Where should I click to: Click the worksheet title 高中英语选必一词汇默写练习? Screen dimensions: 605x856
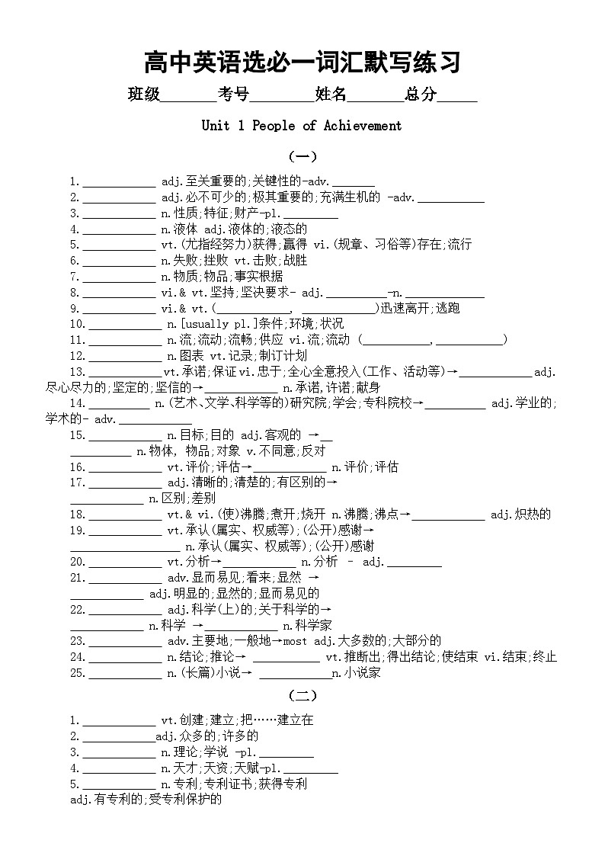(x=302, y=62)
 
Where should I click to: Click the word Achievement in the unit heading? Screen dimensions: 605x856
(x=363, y=126)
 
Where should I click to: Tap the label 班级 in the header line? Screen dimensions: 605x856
(x=143, y=95)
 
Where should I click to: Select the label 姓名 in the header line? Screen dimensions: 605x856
(x=331, y=95)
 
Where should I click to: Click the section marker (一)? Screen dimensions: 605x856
(x=302, y=157)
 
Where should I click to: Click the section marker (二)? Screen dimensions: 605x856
(x=302, y=696)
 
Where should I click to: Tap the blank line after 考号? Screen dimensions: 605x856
(x=282, y=98)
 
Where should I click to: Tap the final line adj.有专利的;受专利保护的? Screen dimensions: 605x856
(x=145, y=800)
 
